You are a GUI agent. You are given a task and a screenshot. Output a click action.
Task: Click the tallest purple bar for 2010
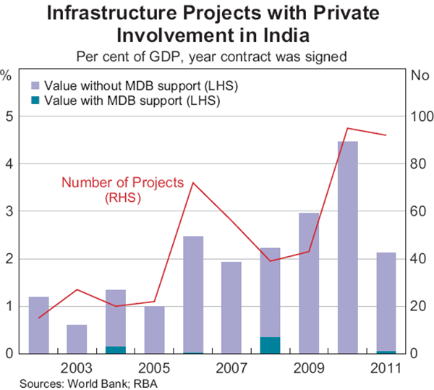pyautogui.click(x=347, y=246)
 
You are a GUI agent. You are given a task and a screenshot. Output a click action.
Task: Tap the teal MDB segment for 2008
pyautogui.click(x=270, y=345)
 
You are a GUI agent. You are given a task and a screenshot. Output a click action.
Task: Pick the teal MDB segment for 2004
pyautogui.click(x=115, y=349)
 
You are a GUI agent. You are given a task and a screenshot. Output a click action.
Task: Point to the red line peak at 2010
pyautogui.click(x=347, y=128)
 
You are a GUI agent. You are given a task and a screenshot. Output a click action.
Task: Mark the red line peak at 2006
pyautogui.click(x=192, y=182)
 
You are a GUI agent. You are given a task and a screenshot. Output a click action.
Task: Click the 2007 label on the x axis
pyautogui.click(x=231, y=367)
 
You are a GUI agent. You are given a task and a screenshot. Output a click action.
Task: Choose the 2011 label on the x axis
pyautogui.click(x=385, y=367)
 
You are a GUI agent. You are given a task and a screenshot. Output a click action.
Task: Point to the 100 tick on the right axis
pyautogui.click(x=420, y=116)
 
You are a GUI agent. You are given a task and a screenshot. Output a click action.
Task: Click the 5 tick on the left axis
pyautogui.click(x=9, y=116)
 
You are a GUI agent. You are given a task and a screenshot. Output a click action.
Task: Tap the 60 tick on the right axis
pyautogui.click(x=420, y=211)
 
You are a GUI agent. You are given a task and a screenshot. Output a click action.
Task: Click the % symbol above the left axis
pyautogui.click(x=7, y=75)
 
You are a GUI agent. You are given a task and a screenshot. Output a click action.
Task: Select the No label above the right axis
pyautogui.click(x=420, y=75)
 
